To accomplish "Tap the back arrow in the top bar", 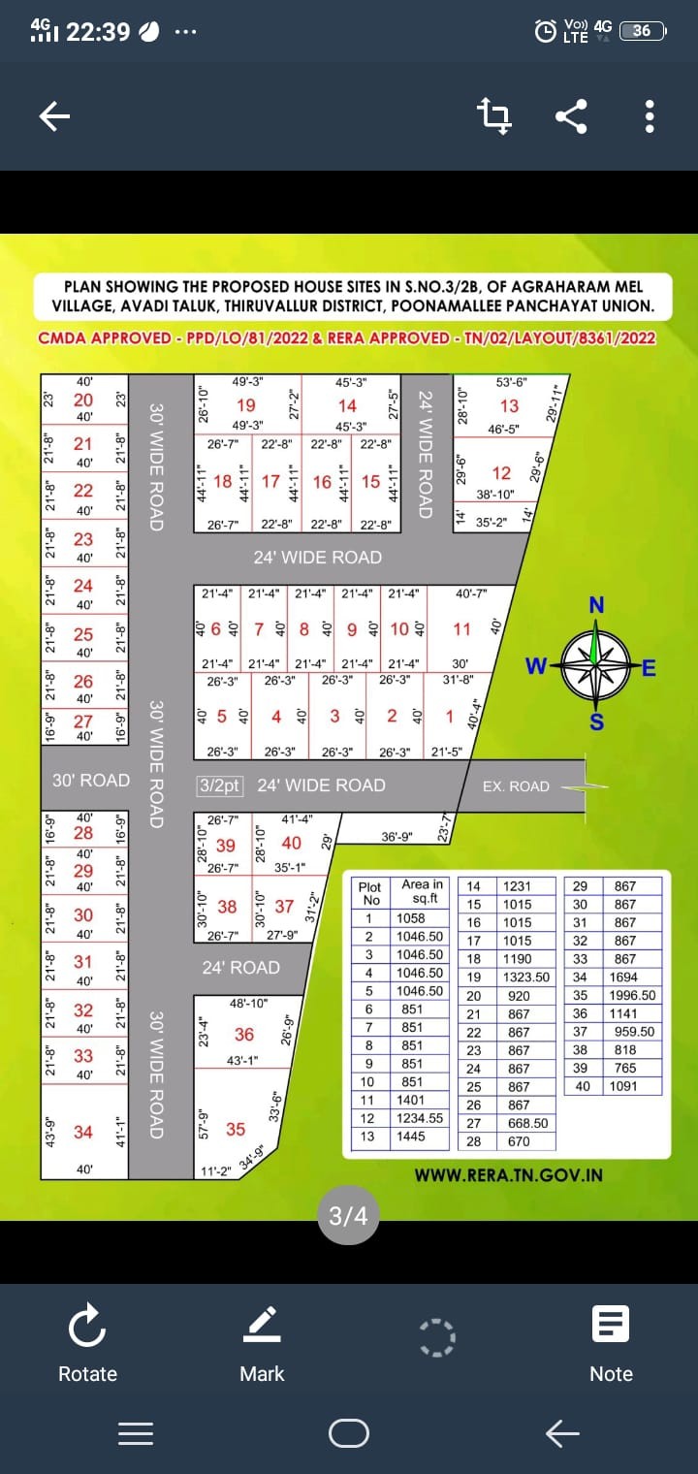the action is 54,117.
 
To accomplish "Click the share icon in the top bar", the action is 571,117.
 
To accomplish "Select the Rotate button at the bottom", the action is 87,1344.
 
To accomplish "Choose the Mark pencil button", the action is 262,1344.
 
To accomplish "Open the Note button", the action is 611,1344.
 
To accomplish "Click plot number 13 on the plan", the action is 509,405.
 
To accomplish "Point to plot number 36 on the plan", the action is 244,1035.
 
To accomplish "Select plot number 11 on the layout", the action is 461,629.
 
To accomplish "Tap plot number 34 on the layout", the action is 83,1132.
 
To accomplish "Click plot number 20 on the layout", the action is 83,400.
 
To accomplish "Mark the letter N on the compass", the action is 596,605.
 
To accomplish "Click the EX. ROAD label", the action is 516,786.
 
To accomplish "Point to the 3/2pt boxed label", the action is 220,785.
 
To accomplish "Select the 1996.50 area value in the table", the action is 632,995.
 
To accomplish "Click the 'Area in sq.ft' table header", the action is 422,890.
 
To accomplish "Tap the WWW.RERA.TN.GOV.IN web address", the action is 508,1174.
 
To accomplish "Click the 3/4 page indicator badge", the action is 349,1216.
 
